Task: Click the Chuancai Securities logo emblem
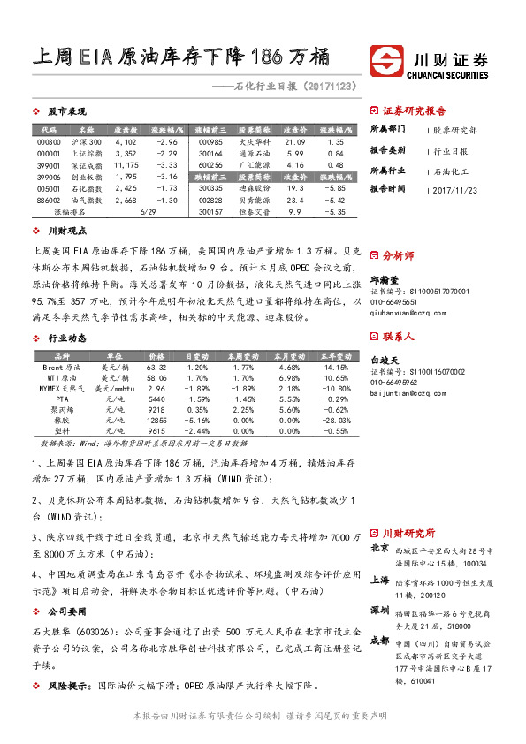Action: pyautogui.click(x=387, y=62)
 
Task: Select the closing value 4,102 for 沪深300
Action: pyautogui.click(x=126, y=141)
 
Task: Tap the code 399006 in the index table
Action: pyautogui.click(x=50, y=177)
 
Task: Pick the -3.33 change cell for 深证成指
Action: pyautogui.click(x=166, y=165)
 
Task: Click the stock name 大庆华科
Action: pyautogui.click(x=254, y=141)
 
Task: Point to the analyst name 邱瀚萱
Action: pyautogui.click(x=384, y=278)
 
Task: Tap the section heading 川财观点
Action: pyautogui.click(x=65, y=231)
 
